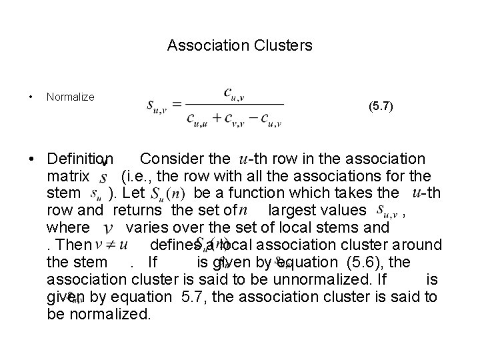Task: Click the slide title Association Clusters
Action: point(239,46)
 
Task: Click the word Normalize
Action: point(70,97)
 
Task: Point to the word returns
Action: point(141,211)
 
